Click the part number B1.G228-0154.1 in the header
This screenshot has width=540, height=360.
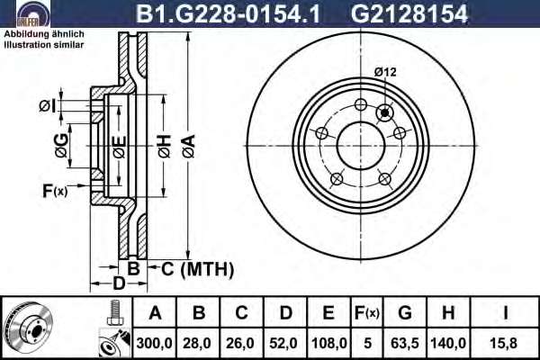pyautogui.click(x=228, y=13)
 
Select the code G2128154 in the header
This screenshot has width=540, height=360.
pyautogui.click(x=409, y=13)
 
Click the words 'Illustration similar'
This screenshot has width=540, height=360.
pyautogui.click(x=44, y=45)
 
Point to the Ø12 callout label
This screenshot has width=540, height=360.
pyautogui.click(x=385, y=72)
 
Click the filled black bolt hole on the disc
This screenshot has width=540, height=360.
pyautogui.click(x=384, y=112)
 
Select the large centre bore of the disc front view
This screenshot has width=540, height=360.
pyautogui.click(x=361, y=146)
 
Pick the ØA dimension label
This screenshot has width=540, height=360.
pyautogui.click(x=189, y=146)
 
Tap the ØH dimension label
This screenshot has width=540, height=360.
pyautogui.click(x=165, y=146)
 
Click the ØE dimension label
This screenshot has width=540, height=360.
pyautogui.click(x=119, y=147)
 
